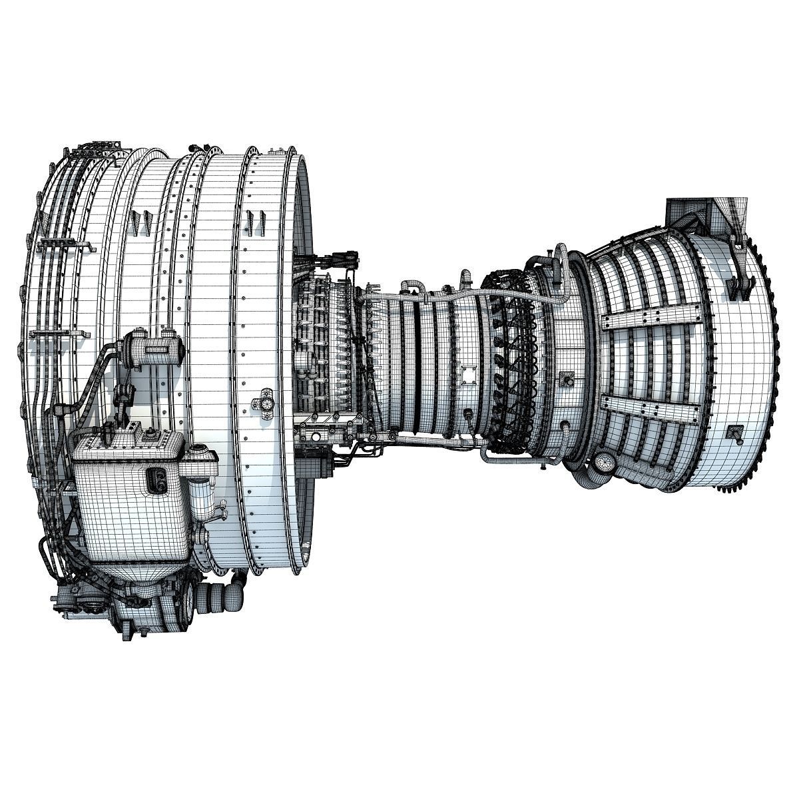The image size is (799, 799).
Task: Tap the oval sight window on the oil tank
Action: coord(158,481)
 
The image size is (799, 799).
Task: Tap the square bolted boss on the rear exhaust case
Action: coord(736,433)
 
